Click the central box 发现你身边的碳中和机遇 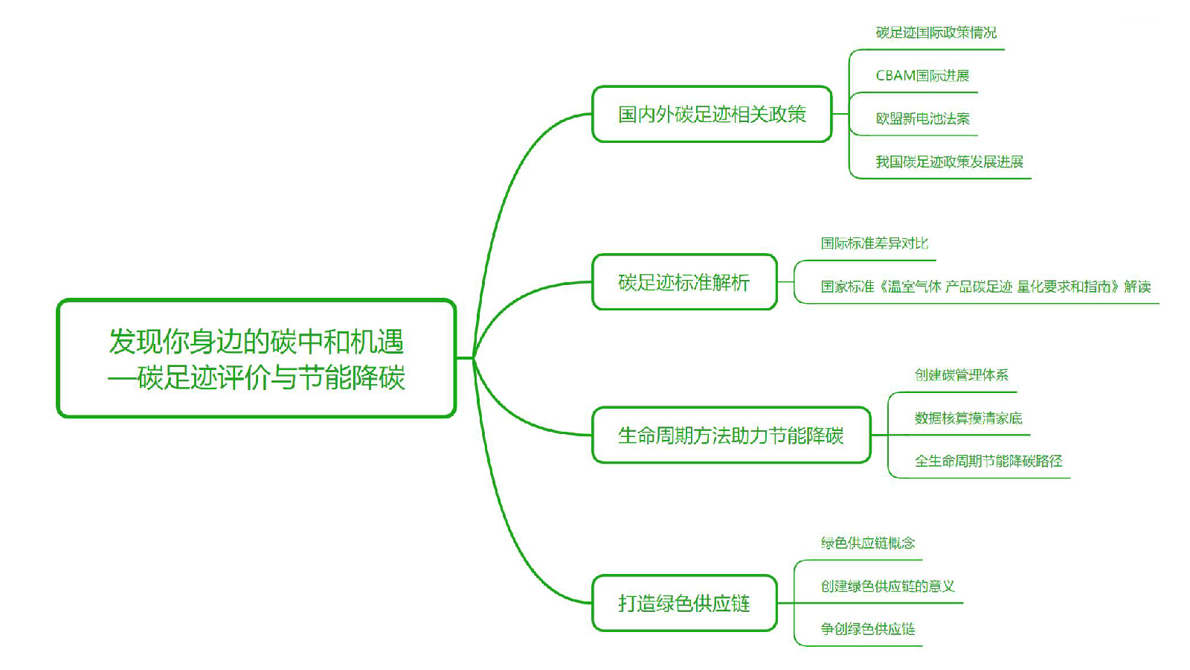point(257,358)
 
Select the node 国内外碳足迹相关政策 point(712,114)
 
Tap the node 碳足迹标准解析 point(684,282)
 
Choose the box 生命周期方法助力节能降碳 point(730,435)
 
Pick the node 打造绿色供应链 point(684,603)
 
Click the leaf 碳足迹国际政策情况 point(936,33)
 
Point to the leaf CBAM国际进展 point(922,76)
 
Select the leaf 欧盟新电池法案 point(922,119)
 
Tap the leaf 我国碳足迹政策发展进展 point(949,162)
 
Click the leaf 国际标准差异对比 point(874,243)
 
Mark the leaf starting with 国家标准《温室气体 point(985,287)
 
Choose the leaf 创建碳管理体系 point(961,375)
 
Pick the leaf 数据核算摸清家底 point(968,418)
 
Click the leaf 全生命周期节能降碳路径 point(988,462)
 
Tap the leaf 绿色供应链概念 point(867,543)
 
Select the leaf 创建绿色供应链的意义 point(887,587)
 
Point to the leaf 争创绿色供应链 point(867,629)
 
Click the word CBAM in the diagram point(895,76)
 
